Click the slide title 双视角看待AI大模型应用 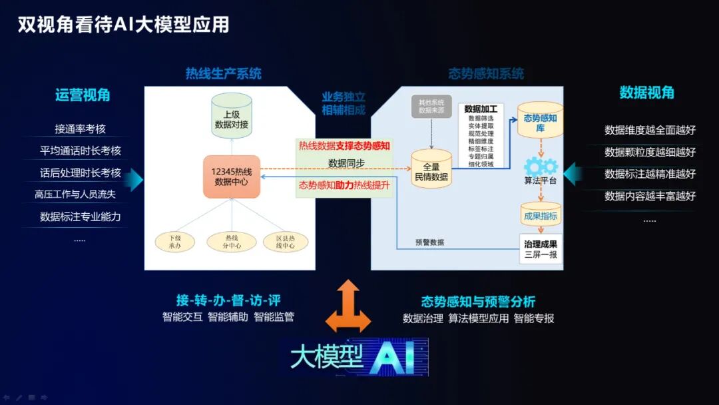[123, 25]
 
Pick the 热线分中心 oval [231, 242]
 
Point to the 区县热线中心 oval [286, 242]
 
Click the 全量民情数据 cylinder [431, 171]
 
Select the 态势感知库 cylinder [540, 121]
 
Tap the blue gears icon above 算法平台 [540, 166]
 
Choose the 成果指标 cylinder [540, 214]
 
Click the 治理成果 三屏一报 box [541, 248]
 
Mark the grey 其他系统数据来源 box [431, 107]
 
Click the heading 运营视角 [83, 95]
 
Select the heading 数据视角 [646, 93]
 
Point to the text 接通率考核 [80, 129]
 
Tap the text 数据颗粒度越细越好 [650, 152]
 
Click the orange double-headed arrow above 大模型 [348, 306]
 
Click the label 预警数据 [429, 242]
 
